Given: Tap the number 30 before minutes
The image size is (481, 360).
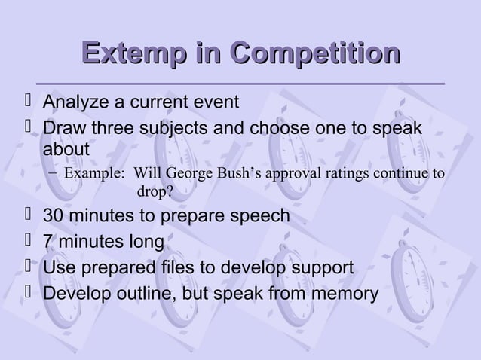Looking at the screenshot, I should (x=54, y=217).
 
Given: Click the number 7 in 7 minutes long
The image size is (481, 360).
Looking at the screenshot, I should (x=48, y=243).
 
